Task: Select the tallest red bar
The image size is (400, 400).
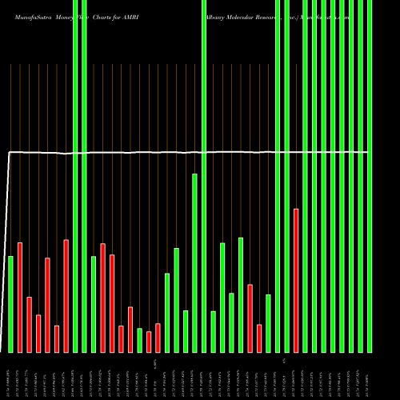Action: (x=296, y=280)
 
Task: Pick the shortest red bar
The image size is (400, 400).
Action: (x=149, y=342)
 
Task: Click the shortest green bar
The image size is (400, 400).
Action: (x=139, y=340)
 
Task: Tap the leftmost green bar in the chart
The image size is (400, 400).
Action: (x=10, y=304)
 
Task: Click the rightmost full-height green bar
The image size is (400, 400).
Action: (x=370, y=176)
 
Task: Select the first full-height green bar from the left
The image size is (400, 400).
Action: (x=75, y=176)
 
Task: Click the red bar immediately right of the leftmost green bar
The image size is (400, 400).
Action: (x=20, y=297)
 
